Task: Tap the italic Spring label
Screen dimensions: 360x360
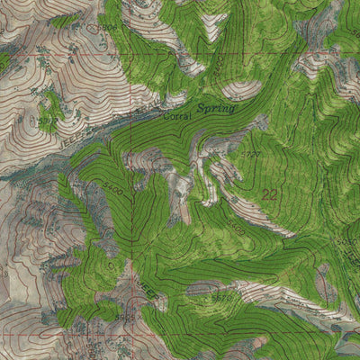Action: click(x=216, y=108)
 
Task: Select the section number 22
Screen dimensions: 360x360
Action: click(x=269, y=193)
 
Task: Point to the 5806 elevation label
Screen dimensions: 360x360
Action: click(x=109, y=29)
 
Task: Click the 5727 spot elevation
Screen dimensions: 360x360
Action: click(x=251, y=155)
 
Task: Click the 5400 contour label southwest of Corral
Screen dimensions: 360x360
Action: click(x=113, y=189)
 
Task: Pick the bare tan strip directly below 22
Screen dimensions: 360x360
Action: click(x=265, y=220)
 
